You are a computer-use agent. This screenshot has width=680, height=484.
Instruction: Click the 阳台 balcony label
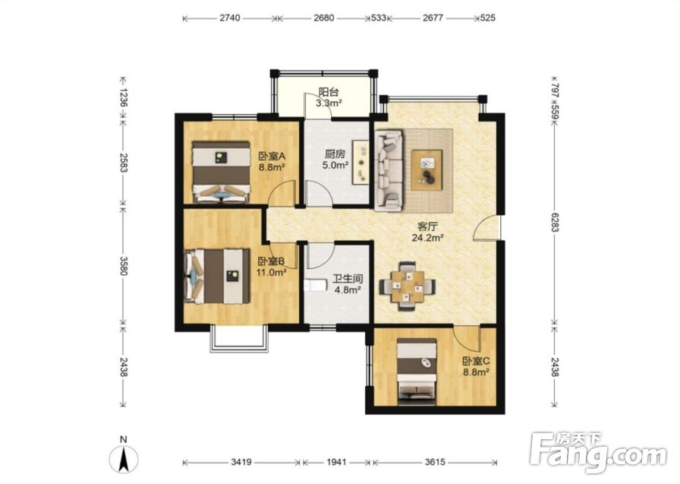point(329,92)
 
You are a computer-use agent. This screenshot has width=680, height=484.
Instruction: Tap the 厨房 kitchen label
point(335,154)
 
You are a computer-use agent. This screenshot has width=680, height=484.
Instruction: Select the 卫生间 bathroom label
point(348,279)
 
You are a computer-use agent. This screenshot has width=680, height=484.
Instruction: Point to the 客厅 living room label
point(427,226)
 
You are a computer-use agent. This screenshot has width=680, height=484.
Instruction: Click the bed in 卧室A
point(222,172)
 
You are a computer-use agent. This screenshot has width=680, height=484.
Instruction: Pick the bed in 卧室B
point(217,276)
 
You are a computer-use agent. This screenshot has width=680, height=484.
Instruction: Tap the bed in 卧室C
point(417,372)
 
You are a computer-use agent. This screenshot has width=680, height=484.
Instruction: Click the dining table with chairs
point(408,286)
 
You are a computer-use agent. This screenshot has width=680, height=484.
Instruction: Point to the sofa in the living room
point(389,171)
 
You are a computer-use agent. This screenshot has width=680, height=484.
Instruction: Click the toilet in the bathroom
point(315,285)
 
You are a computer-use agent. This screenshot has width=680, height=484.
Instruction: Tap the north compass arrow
point(124,459)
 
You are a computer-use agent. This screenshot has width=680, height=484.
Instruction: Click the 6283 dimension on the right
point(554,221)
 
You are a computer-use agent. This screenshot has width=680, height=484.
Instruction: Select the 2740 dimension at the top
point(229,18)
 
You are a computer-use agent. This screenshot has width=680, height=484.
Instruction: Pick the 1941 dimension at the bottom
point(336,462)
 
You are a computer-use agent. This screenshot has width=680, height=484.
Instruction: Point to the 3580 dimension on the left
point(124,266)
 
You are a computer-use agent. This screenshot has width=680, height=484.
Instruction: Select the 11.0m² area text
point(271,272)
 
